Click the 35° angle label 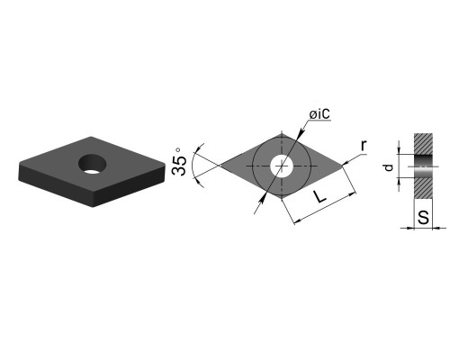tap(179, 161)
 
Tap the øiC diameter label tap(319, 114)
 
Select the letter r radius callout tap(364, 146)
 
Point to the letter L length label tap(320, 196)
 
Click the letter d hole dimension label tap(389, 167)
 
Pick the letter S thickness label tap(423, 218)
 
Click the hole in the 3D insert tap(93, 164)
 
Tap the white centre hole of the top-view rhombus tap(282, 166)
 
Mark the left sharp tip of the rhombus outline tap(220, 165)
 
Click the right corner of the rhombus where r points tap(342, 165)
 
